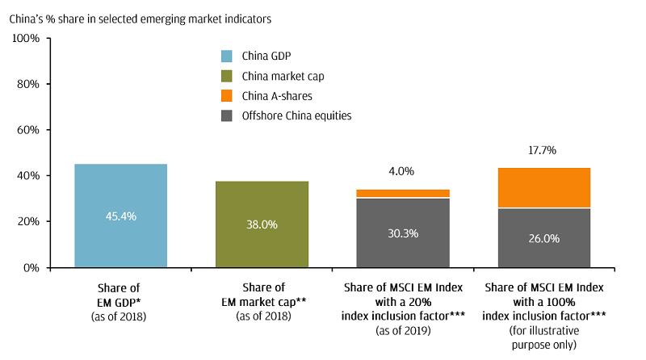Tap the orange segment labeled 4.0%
(403, 194)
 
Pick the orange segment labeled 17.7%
(544, 187)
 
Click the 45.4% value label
(120, 216)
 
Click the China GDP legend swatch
(226, 56)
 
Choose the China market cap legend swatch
(226, 76)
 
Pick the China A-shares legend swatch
(226, 96)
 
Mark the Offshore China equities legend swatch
(226, 116)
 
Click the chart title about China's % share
(139, 17)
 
